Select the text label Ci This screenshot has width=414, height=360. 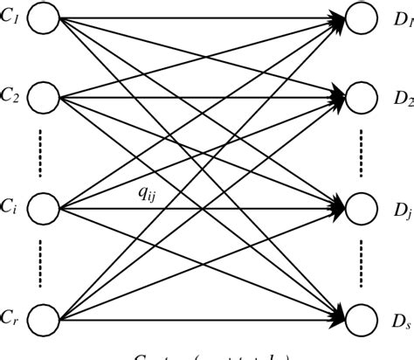pyautogui.click(x=10, y=208)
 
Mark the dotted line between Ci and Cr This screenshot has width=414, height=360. pyautogui.click(x=41, y=262)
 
